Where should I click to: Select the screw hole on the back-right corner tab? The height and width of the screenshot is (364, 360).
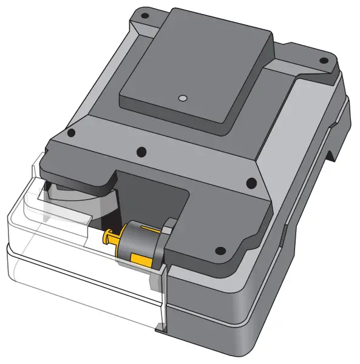(x=324, y=61)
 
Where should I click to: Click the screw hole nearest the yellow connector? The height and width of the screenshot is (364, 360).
(x=220, y=250)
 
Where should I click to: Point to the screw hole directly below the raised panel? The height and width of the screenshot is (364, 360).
(x=141, y=151)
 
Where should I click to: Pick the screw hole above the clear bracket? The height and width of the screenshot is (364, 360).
(x=71, y=133)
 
